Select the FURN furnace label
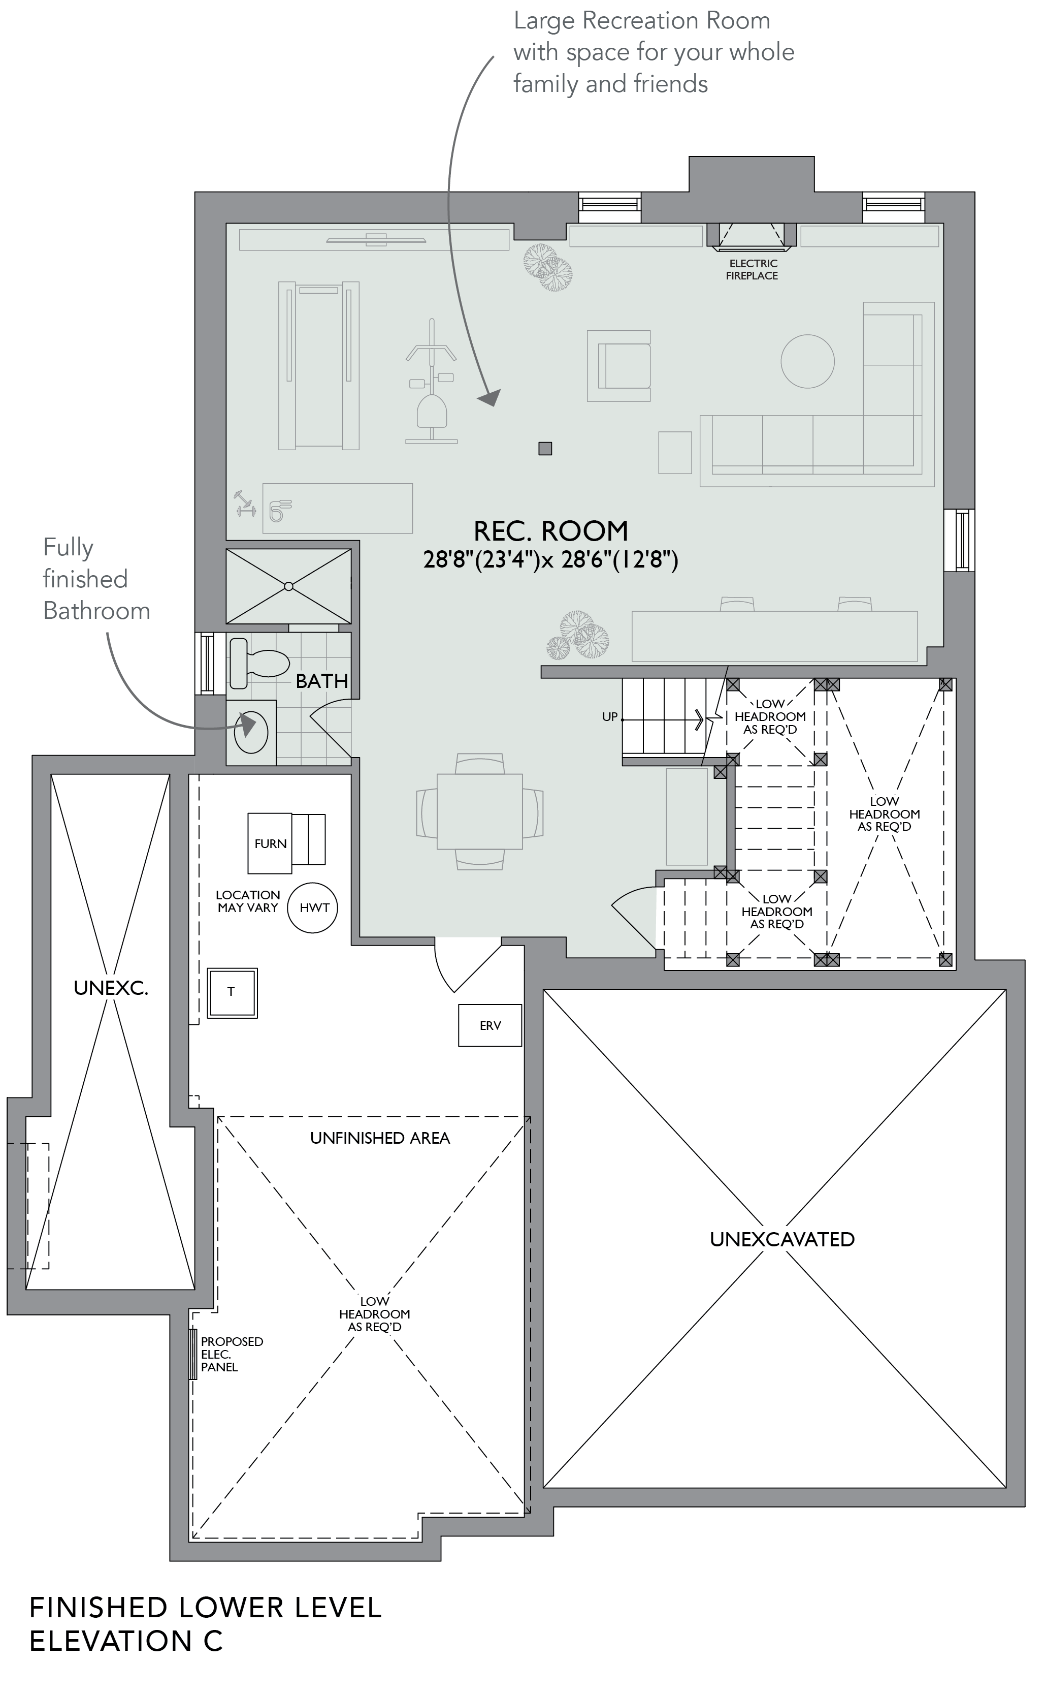coord(271,843)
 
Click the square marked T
coord(232,992)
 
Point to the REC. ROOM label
coord(551,530)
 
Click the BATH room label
coord(322,681)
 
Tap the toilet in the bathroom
coord(258,663)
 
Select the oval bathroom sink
coord(251,732)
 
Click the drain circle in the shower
coord(288,586)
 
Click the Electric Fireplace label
coord(752,269)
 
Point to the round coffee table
coord(808,361)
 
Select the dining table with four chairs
coord(480,811)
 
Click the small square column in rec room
coord(545,449)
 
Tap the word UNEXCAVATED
coord(782,1239)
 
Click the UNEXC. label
coord(111,988)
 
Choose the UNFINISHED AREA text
coord(380,1138)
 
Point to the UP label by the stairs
coord(610,717)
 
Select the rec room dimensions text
coord(551,559)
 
